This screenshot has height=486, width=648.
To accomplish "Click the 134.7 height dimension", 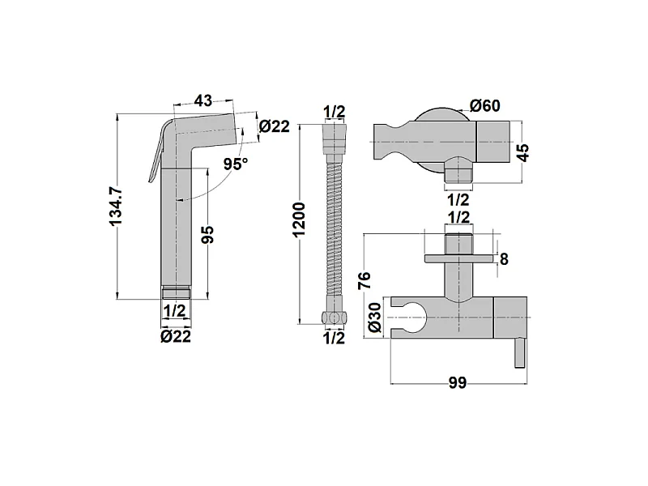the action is pos(117,206).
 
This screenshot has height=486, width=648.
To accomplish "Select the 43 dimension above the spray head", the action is pos(203,100).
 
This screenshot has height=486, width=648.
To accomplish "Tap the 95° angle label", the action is pos(236,164).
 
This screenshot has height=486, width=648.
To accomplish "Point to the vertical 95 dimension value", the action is pos(209,234).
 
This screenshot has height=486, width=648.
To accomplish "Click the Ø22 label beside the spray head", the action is pos(275,126).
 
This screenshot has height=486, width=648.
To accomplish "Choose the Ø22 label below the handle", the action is pos(176,336).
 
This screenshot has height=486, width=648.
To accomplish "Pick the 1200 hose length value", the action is pos(298,220).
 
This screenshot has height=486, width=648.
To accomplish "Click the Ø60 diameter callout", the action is pos(484,106).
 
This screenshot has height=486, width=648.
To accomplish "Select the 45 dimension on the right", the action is pos(522,152).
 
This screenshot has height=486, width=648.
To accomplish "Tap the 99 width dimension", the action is pos(458,383).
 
